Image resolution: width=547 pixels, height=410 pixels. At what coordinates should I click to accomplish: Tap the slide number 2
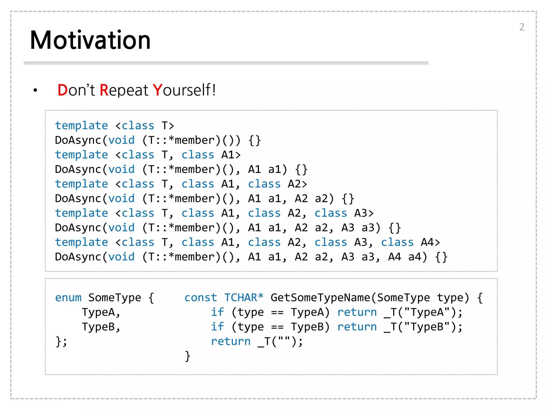click(522, 27)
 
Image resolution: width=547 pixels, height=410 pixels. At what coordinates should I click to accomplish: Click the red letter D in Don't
click(62, 90)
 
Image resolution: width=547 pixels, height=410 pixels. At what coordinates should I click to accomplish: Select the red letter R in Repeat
click(104, 90)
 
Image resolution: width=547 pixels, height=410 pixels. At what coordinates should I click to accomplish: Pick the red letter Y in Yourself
click(157, 90)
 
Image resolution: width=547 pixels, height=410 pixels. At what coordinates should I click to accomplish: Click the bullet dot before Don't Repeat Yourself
click(35, 90)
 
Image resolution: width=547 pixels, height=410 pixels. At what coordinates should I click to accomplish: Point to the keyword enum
click(68, 297)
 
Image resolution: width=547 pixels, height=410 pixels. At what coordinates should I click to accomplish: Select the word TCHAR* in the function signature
click(244, 297)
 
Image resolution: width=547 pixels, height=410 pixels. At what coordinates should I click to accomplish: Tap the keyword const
click(201, 297)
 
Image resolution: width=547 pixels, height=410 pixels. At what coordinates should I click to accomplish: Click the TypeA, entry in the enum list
click(101, 312)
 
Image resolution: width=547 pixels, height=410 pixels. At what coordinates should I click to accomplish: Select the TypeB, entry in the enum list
click(101, 327)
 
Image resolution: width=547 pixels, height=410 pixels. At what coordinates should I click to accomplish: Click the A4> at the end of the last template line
click(430, 242)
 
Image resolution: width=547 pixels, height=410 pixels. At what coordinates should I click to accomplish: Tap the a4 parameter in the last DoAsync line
click(415, 257)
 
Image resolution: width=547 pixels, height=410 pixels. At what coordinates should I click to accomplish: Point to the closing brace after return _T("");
click(187, 356)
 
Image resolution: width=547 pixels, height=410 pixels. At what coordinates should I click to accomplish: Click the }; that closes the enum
click(61, 341)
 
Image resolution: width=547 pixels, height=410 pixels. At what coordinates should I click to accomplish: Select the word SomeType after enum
click(115, 297)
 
